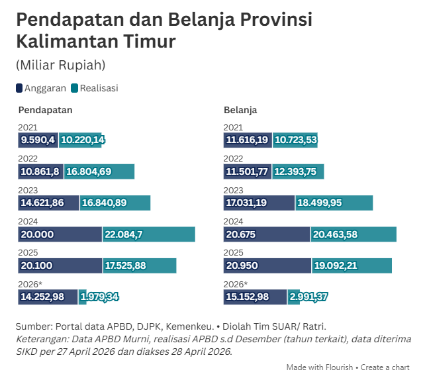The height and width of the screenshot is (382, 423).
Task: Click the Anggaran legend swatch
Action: [x=19, y=88]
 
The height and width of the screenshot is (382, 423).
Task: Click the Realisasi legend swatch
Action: [x=75, y=88]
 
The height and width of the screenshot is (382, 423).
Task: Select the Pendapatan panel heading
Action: [x=45, y=110]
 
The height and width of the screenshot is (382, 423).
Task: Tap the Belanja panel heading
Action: [x=240, y=110]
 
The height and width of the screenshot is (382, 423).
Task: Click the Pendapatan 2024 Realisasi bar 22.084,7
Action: [x=149, y=234]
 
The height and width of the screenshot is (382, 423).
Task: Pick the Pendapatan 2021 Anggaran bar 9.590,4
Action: [x=38, y=140]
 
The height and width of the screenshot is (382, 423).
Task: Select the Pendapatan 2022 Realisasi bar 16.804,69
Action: [x=99, y=171]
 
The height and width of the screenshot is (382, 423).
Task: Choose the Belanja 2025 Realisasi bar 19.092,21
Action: [x=352, y=265]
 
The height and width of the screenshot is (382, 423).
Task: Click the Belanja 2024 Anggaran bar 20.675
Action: [x=267, y=234]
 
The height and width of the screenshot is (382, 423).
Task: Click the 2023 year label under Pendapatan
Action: [x=28, y=190]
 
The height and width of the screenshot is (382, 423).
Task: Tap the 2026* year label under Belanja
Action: [x=236, y=284]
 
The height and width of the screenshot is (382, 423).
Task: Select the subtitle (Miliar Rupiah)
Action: [x=60, y=65]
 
